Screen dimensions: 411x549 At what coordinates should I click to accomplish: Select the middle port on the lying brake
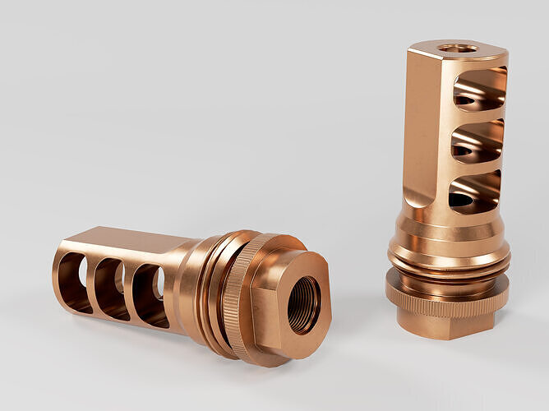(111, 289)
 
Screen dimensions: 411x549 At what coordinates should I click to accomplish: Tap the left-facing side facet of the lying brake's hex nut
(265, 316)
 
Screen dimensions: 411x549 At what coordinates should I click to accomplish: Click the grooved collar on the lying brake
(201, 288)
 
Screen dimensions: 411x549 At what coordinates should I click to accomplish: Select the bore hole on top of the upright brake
(457, 48)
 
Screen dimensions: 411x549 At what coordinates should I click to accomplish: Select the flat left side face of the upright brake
(427, 123)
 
